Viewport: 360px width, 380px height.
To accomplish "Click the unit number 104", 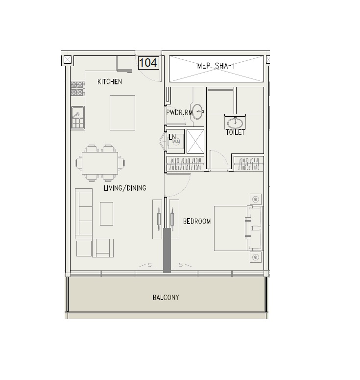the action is [x=148, y=63].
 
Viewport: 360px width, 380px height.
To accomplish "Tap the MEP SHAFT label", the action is [x=216, y=66].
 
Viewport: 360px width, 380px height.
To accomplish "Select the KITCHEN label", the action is [x=109, y=82].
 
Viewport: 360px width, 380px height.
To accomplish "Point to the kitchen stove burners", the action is [x=78, y=88].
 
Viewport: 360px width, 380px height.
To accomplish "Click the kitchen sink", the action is [x=78, y=118].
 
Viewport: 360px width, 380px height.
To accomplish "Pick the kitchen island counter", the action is [x=122, y=113].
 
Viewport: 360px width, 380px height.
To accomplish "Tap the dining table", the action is [x=100, y=163].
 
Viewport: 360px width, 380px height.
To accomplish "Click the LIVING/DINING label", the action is [x=125, y=188].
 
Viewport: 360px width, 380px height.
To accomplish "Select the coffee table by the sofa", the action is [x=106, y=214].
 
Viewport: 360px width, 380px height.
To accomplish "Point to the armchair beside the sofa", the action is [x=103, y=248].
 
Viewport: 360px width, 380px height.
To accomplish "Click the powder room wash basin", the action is [x=197, y=112].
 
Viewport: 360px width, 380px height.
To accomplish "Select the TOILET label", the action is [x=235, y=132].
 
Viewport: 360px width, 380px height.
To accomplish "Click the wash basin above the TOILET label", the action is [x=235, y=122].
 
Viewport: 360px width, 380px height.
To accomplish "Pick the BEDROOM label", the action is [x=197, y=221].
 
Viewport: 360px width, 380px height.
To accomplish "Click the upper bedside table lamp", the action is [x=255, y=200].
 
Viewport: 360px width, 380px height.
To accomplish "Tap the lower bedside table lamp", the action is [x=255, y=257].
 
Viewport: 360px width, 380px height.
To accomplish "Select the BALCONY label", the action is [x=166, y=297].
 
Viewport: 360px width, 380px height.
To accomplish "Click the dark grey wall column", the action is [x=167, y=251].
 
